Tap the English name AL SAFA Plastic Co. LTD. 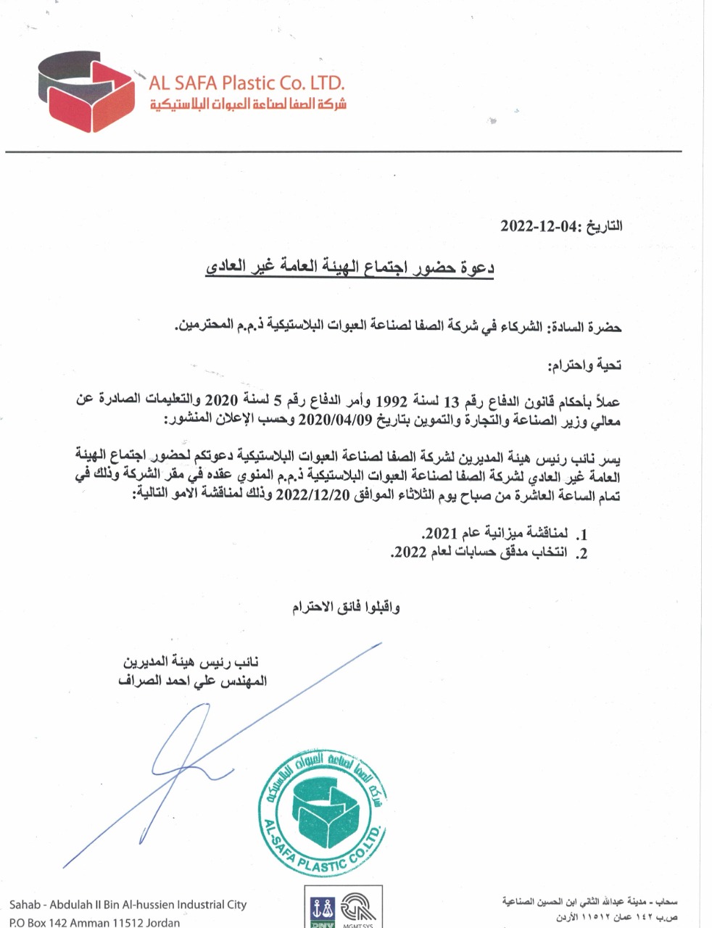[247, 82]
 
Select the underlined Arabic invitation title [349, 268]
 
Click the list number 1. [581, 534]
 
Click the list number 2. [581, 552]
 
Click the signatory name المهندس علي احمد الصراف [193, 681]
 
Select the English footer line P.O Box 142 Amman [94, 922]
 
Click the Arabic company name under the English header [248, 104]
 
